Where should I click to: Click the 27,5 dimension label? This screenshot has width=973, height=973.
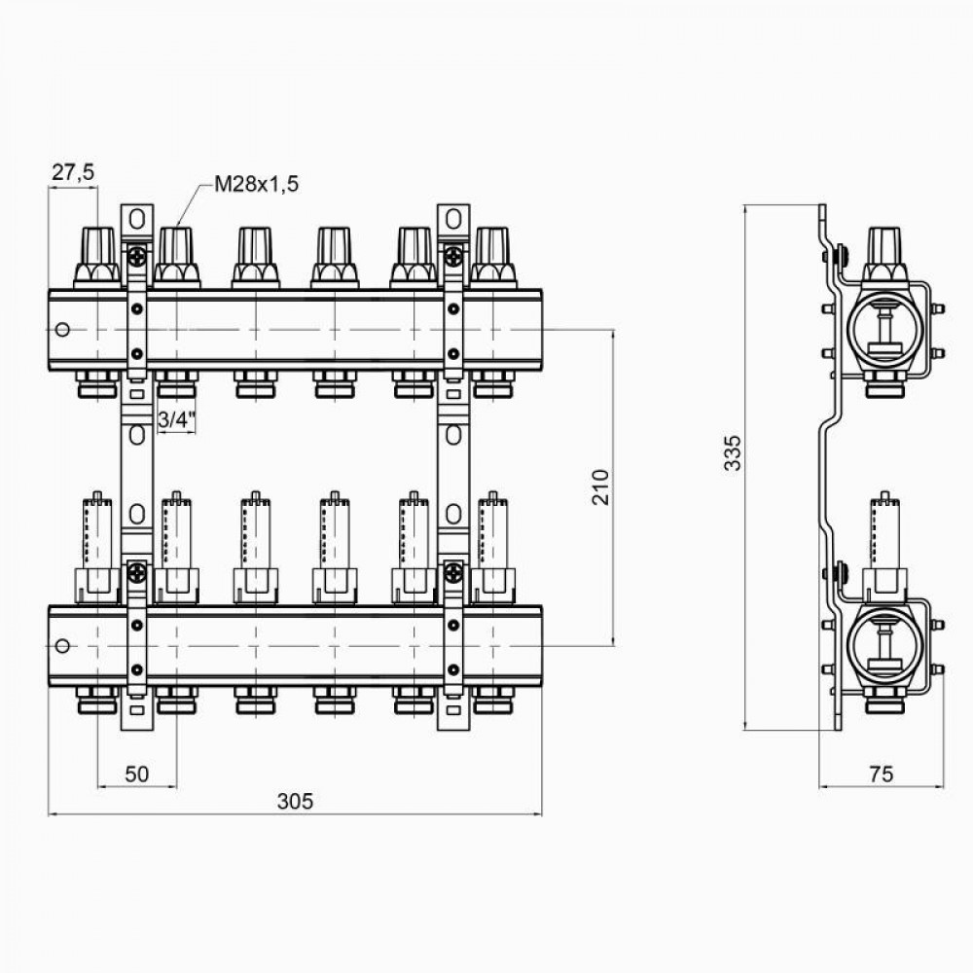72,173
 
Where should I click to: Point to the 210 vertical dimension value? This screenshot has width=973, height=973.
599,486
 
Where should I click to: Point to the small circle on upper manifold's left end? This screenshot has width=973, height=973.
62,330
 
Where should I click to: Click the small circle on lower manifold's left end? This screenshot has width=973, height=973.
62,646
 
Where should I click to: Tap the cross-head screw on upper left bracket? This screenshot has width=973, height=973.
137,258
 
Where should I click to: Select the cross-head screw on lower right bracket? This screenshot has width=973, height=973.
453,573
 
